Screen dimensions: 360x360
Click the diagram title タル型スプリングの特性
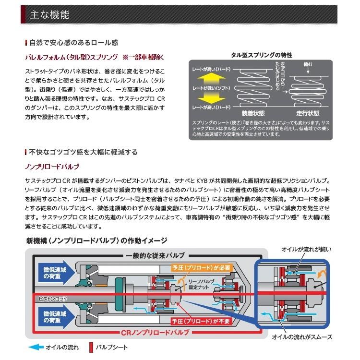tap(261, 55)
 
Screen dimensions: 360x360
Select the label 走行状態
tap(307, 114)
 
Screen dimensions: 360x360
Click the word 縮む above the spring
tap(307, 64)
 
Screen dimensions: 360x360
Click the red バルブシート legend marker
tap(91, 347)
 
